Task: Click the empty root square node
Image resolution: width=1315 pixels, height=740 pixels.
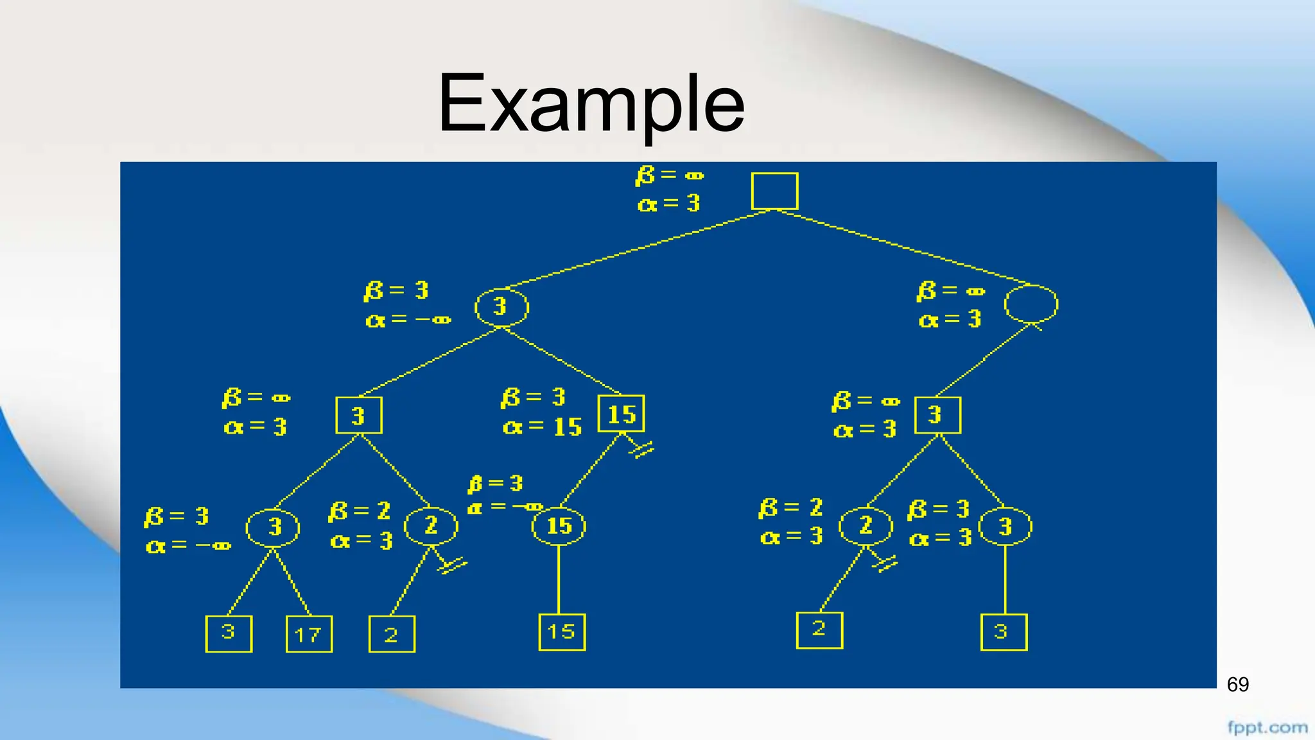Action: coord(774,191)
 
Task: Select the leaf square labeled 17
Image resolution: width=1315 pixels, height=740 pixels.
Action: coord(309,634)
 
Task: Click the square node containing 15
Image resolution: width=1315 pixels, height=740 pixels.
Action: coord(621,414)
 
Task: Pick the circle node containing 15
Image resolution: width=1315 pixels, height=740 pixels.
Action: coord(559,526)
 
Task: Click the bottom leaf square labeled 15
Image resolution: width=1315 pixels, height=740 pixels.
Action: coord(562,632)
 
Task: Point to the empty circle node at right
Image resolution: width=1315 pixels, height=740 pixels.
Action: coord(1031,304)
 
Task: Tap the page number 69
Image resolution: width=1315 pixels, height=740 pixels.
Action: coord(1237,685)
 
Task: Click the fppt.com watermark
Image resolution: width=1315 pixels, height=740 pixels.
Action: coord(1267,727)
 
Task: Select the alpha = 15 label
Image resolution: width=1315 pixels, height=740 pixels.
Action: coord(543,427)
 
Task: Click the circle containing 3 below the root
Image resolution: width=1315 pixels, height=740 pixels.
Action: coord(501,307)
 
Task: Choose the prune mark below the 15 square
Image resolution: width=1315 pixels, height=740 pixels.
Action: coord(641,449)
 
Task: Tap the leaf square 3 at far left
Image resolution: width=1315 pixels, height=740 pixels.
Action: coord(229,633)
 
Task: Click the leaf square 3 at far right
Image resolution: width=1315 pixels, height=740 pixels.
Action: coord(1004,632)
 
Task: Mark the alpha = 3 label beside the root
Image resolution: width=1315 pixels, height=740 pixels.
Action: coord(668,204)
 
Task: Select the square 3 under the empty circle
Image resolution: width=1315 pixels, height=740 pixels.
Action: coord(937,415)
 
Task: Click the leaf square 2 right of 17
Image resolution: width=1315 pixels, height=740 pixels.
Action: coord(392,634)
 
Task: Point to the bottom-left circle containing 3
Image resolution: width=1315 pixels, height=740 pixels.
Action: coord(273,527)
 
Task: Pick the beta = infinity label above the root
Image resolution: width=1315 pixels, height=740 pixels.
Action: coord(670,175)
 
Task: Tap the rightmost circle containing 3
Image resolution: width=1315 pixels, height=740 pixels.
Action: coord(1005,527)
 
